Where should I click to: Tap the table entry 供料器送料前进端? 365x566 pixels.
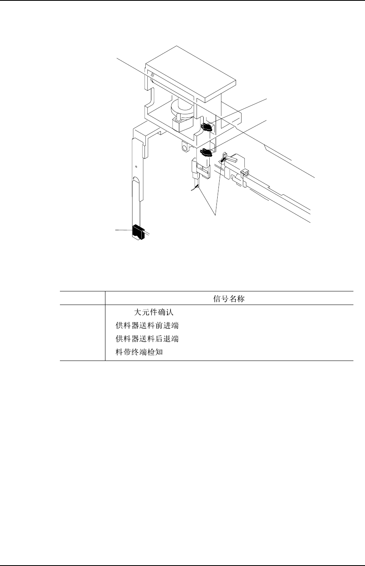(147, 325)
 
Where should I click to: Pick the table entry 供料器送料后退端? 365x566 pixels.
(147, 339)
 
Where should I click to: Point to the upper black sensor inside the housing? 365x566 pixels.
(206, 127)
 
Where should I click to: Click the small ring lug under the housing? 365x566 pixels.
(184, 148)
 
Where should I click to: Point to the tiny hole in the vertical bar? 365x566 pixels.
(136, 166)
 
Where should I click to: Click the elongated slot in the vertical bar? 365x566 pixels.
(136, 188)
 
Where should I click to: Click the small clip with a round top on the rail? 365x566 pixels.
(245, 173)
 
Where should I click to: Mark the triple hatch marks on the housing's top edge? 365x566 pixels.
(152, 75)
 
